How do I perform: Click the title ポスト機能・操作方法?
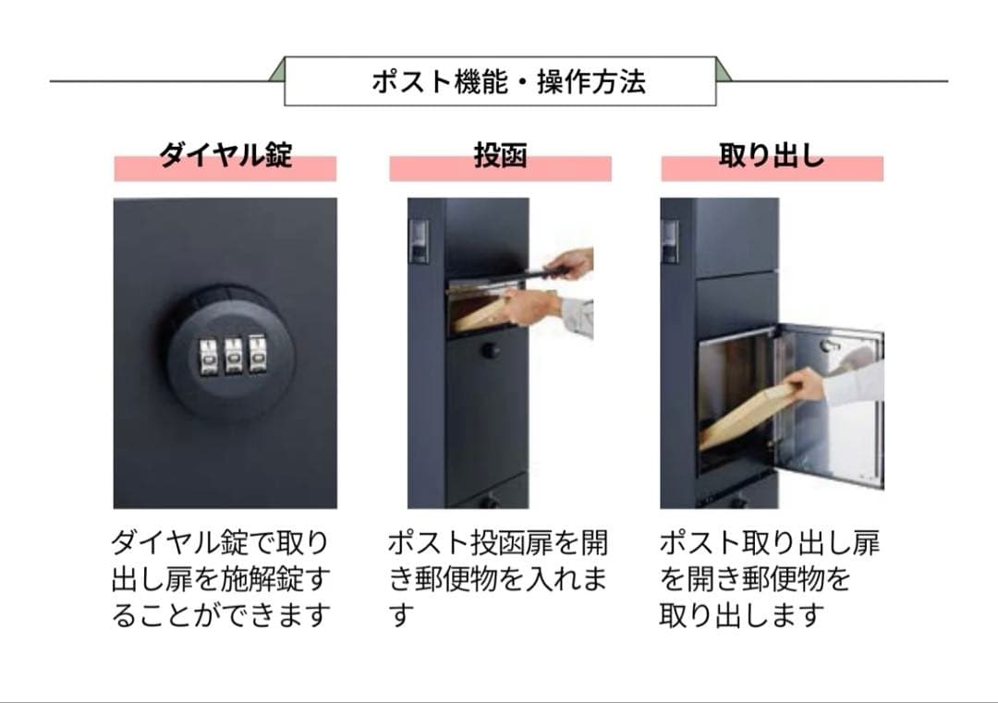coord(508,82)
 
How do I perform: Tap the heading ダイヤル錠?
coord(225,155)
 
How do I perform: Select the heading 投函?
coord(500,155)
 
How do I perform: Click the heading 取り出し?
coord(772,155)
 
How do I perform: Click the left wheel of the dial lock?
coord(209,356)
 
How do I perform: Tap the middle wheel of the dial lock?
coord(233,355)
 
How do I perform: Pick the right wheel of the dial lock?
coord(257,353)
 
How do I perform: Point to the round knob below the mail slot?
coord(489,350)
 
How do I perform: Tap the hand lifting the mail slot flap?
coord(570,262)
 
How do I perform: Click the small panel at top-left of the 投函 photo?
coord(419,241)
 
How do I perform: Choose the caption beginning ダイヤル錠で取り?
coord(221,579)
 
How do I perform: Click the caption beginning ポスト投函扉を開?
coord(498,579)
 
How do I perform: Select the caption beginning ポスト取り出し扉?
coord(770,579)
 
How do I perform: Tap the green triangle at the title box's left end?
coord(278,72)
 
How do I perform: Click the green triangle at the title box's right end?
coord(723,72)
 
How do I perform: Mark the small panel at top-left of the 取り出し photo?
coord(670,241)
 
